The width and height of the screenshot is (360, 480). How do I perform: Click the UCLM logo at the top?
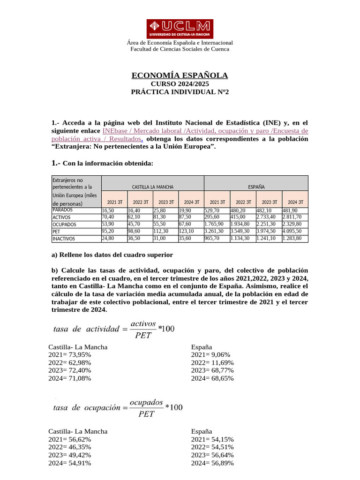tap(180, 29)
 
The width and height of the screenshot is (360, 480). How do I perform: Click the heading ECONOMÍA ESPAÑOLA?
tap(180, 75)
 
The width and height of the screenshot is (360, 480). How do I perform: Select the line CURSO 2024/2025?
tap(180, 84)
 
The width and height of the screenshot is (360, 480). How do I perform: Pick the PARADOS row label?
tap(63, 210)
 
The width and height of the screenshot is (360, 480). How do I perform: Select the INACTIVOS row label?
tap(64, 239)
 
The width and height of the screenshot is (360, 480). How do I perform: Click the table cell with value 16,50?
tap(108, 211)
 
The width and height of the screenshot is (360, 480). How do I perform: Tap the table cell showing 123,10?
tap(187, 232)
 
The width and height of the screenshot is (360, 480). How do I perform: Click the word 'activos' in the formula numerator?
tap(143, 323)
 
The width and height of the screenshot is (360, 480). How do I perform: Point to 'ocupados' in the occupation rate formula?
tap(146, 403)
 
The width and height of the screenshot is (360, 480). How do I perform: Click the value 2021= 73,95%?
tap(69, 355)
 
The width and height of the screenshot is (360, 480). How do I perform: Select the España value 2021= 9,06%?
tap(210, 355)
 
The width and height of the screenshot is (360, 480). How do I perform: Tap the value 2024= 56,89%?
tap(212, 463)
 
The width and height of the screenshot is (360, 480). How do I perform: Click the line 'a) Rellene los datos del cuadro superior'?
tap(112, 255)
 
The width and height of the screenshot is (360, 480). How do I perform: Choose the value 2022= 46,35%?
tap(69, 447)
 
